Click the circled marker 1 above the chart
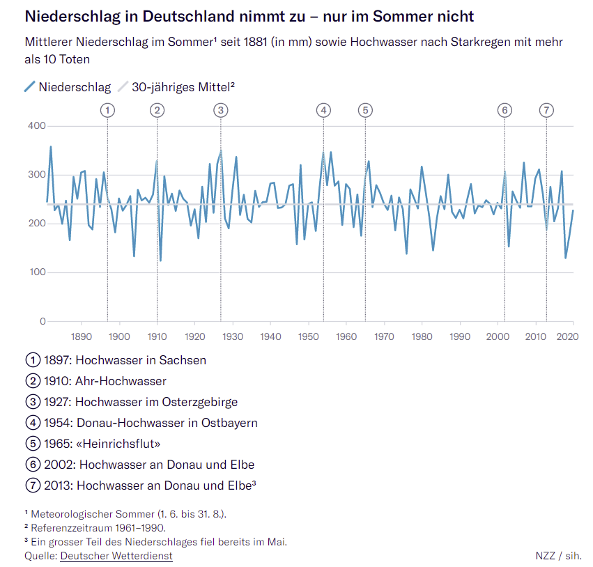click(x=107, y=110)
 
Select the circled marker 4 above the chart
click(x=323, y=110)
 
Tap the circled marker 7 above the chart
click(x=546, y=110)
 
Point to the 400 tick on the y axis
click(x=36, y=126)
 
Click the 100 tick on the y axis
click(x=36, y=272)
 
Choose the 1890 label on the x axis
click(x=82, y=336)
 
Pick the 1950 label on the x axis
click(x=308, y=336)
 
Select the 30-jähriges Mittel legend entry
click(x=183, y=87)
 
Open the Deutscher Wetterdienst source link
click(x=116, y=556)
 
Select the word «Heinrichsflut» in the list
click(x=121, y=444)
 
